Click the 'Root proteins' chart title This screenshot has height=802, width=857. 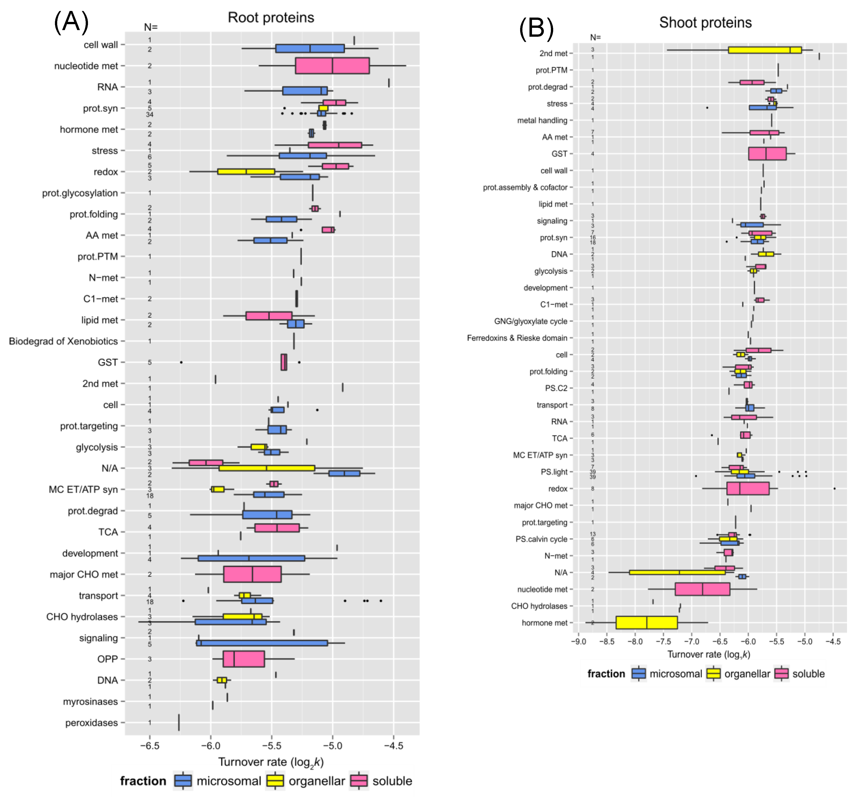coord(271,18)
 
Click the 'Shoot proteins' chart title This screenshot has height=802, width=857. coord(705,22)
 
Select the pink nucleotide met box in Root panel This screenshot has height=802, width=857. coord(332,65)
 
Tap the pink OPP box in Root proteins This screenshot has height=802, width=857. coord(244,659)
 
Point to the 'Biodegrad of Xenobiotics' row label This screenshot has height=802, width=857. coord(63,341)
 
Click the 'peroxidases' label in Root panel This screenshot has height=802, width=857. coord(91,723)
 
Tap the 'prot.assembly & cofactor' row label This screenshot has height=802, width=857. coord(525,187)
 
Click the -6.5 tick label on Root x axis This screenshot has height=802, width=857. coord(150,745)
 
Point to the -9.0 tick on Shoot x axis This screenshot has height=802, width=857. coord(578,641)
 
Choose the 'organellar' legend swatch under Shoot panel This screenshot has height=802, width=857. coord(713,674)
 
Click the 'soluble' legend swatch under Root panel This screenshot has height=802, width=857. coord(359,781)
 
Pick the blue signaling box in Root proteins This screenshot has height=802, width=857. coord(262,643)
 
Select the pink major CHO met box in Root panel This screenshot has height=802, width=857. coord(252,574)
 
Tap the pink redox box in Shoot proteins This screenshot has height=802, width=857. coord(748,488)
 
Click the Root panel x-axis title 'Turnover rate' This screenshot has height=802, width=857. coord(271,762)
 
